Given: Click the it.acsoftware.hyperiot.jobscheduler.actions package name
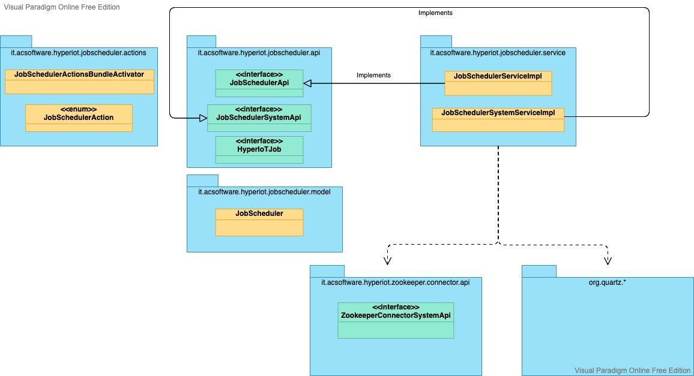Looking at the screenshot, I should point(79,53).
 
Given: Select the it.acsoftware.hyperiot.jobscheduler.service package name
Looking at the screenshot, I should point(498,53).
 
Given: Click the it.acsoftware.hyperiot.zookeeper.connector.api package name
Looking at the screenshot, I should point(396,281).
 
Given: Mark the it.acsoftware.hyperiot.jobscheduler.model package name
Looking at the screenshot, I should point(265,191).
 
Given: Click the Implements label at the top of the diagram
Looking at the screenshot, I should point(435,12).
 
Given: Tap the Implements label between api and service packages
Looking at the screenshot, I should point(373,75).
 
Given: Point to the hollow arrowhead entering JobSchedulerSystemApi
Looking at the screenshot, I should point(203,118).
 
